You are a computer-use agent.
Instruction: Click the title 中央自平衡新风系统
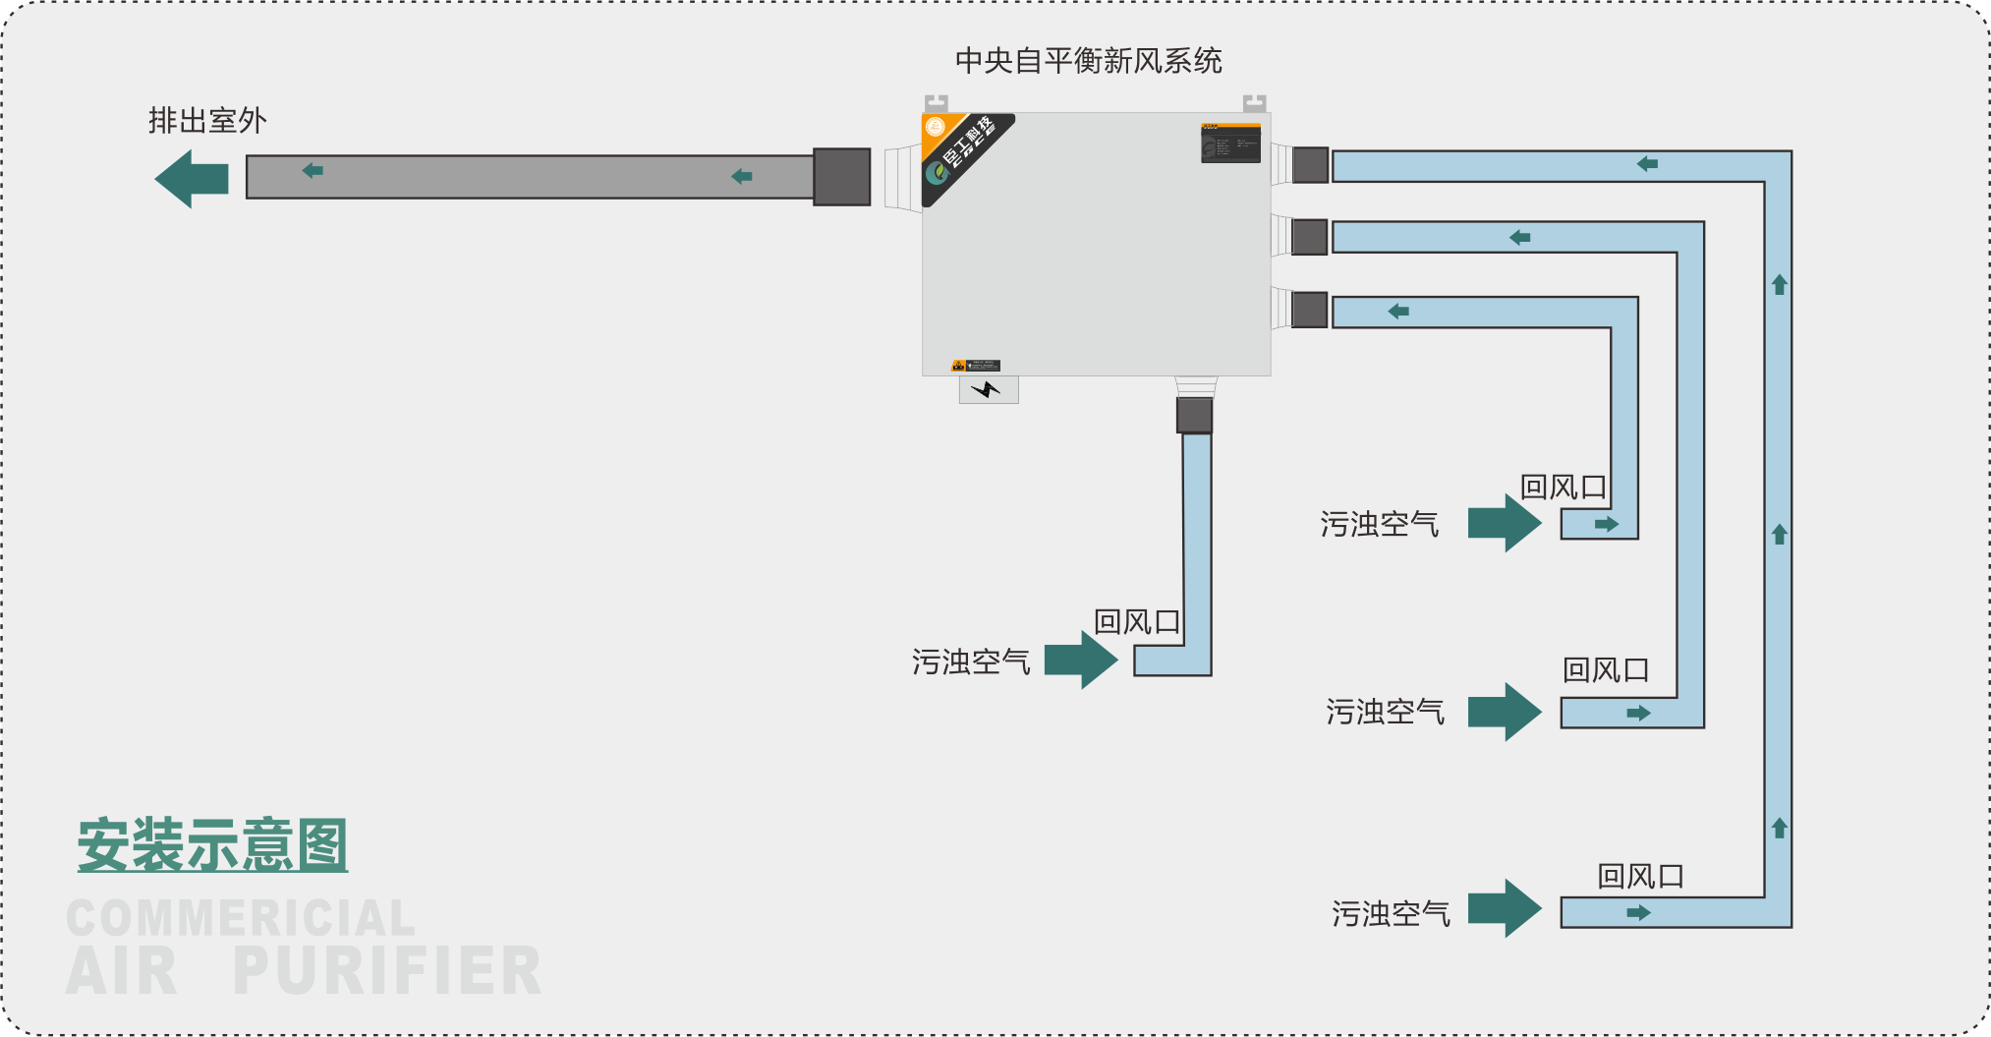click(1088, 61)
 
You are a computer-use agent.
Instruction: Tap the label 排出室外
click(207, 121)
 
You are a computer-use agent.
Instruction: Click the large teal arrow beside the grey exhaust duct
click(193, 179)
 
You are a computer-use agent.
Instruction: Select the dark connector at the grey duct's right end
click(842, 177)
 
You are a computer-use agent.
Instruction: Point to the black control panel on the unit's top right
click(1230, 144)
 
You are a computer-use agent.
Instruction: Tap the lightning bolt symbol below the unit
click(987, 390)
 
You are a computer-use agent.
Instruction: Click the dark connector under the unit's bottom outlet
click(1194, 415)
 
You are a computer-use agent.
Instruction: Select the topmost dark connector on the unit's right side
click(1310, 165)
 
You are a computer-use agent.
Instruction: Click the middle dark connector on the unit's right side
click(1310, 237)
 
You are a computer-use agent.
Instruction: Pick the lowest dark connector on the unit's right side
click(1310, 310)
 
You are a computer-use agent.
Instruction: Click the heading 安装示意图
click(212, 845)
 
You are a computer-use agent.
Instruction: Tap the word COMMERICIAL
click(241, 919)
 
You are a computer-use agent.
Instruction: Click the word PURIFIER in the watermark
click(387, 971)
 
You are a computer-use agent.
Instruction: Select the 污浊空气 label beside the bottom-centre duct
click(971, 662)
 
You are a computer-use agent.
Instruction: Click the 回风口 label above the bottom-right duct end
click(1640, 876)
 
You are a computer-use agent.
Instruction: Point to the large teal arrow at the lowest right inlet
click(1505, 908)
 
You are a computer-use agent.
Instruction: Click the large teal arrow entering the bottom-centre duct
click(1081, 660)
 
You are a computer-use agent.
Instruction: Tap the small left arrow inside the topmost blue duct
click(1648, 164)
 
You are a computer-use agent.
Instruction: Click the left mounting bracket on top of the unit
click(937, 103)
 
